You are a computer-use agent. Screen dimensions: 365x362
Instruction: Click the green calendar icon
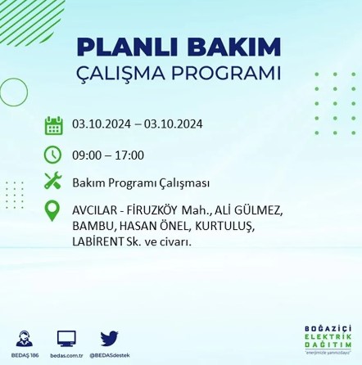(x=53, y=126)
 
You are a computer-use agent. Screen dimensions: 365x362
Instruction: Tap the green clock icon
(x=53, y=154)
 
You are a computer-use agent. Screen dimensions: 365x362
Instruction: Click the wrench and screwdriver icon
(x=53, y=180)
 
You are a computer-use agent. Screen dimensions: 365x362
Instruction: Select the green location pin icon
(x=52, y=210)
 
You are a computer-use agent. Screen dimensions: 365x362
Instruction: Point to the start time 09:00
(x=84, y=154)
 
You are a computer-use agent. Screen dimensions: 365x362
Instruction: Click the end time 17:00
(x=129, y=154)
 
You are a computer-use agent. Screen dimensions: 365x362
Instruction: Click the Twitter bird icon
(x=110, y=338)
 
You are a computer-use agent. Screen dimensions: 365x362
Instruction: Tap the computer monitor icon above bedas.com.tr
(x=66, y=338)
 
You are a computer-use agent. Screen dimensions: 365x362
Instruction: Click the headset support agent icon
(x=24, y=338)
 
